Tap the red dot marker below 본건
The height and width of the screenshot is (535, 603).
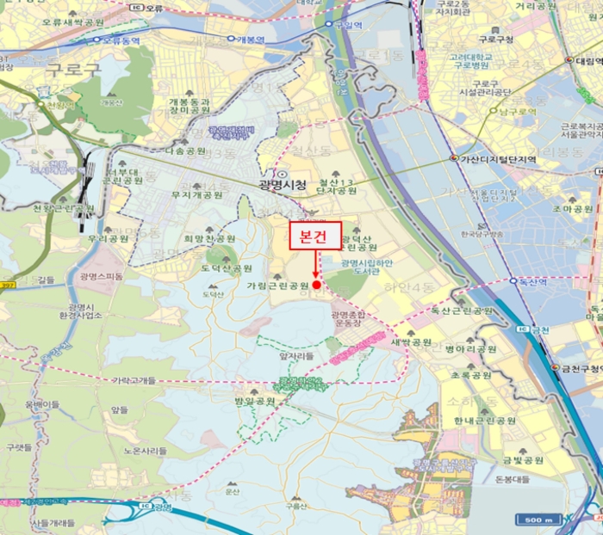click(316, 285)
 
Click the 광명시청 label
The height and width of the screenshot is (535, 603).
click(282, 183)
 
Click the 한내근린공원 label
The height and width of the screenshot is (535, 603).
click(485, 421)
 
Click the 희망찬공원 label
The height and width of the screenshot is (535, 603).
click(209, 238)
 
